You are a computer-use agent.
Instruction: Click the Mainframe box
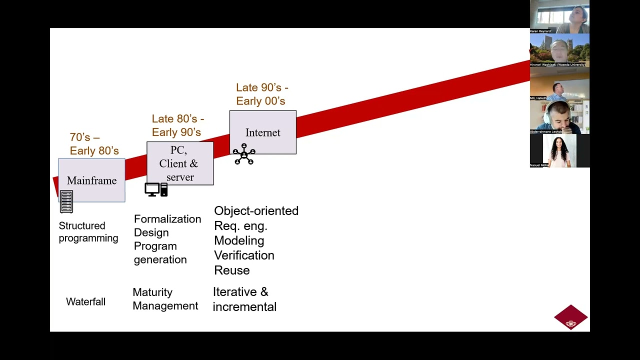pyautogui.click(x=91, y=180)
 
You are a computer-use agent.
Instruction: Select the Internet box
pyautogui.click(x=262, y=132)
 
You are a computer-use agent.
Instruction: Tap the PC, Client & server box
pyautogui.click(x=179, y=163)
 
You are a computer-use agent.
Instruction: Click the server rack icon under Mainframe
pyautogui.click(x=66, y=202)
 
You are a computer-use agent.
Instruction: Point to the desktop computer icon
pyautogui.click(x=156, y=189)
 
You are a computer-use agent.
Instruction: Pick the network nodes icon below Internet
pyautogui.click(x=244, y=154)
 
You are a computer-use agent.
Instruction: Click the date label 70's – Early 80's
pyautogui.click(x=94, y=144)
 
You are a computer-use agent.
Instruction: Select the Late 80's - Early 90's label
pyautogui.click(x=177, y=125)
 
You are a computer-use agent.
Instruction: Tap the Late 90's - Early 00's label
pyautogui.click(x=262, y=94)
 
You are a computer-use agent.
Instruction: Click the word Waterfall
pyautogui.click(x=85, y=302)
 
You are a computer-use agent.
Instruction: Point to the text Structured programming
pyautogui.click(x=88, y=232)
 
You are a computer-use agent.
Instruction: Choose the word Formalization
pyautogui.click(x=167, y=219)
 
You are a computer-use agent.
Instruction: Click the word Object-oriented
pyautogui.click(x=256, y=211)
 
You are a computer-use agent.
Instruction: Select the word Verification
pyautogui.click(x=244, y=255)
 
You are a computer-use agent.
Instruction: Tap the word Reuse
pyautogui.click(x=231, y=270)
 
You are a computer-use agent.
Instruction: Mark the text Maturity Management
pyautogui.click(x=165, y=299)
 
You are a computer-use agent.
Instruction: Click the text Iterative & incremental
pyautogui.click(x=244, y=299)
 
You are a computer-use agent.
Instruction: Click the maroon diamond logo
pyautogui.click(x=570, y=317)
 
